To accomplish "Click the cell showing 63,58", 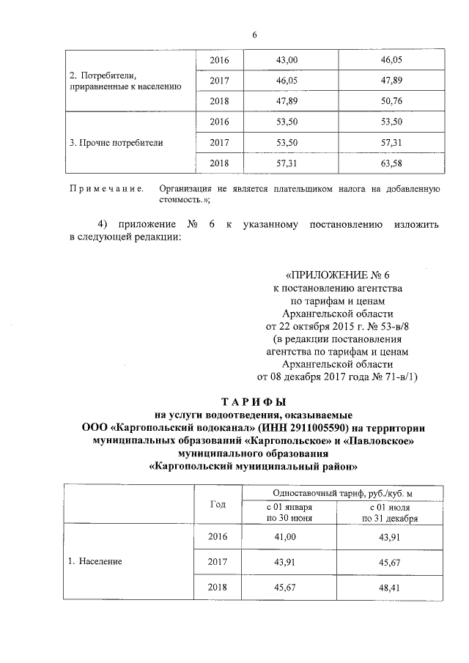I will (394, 163).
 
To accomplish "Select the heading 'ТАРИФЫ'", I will (254, 403).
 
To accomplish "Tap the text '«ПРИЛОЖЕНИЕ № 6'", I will (336, 276).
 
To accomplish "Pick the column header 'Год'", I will (218, 504).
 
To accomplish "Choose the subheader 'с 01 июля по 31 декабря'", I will (394, 512).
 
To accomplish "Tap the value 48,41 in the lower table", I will (394, 588).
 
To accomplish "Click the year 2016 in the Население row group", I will (218, 537).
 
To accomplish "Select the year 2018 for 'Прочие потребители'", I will (218, 163).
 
